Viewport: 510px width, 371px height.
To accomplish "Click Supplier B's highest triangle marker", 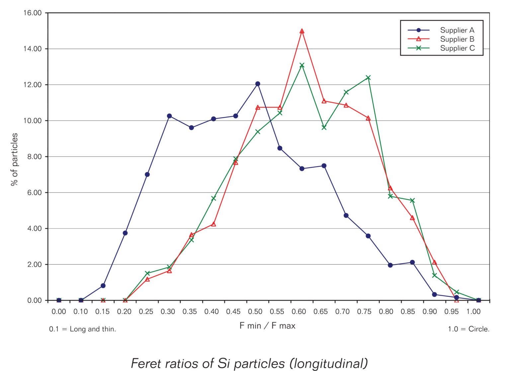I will (302, 31).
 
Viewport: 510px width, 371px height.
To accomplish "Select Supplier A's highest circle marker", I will (258, 84).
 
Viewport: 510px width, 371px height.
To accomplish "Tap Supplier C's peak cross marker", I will (302, 65).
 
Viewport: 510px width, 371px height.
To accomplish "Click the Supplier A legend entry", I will (457, 30).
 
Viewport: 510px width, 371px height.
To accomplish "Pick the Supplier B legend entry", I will (457, 39).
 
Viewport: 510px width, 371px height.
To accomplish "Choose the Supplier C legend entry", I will (457, 48).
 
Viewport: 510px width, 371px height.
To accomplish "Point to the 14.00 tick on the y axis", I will (32, 49).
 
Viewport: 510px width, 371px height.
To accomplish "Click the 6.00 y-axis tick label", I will (32, 193).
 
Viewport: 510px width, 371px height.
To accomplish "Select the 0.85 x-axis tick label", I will (408, 312).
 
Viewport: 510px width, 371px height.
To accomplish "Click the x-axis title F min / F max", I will (267, 326).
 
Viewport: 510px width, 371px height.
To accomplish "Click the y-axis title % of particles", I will (15, 159).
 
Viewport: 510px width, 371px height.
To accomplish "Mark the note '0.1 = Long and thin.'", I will (83, 329).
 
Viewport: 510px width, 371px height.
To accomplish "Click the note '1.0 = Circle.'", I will (468, 329).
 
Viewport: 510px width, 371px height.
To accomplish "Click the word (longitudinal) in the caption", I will (329, 363).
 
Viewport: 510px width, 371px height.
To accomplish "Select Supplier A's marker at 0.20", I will (125, 233).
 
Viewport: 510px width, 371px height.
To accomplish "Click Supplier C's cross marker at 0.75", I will (368, 78).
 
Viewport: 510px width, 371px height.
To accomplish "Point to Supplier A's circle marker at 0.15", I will (103, 286).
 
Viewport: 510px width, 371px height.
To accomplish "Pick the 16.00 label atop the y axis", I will (32, 13).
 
